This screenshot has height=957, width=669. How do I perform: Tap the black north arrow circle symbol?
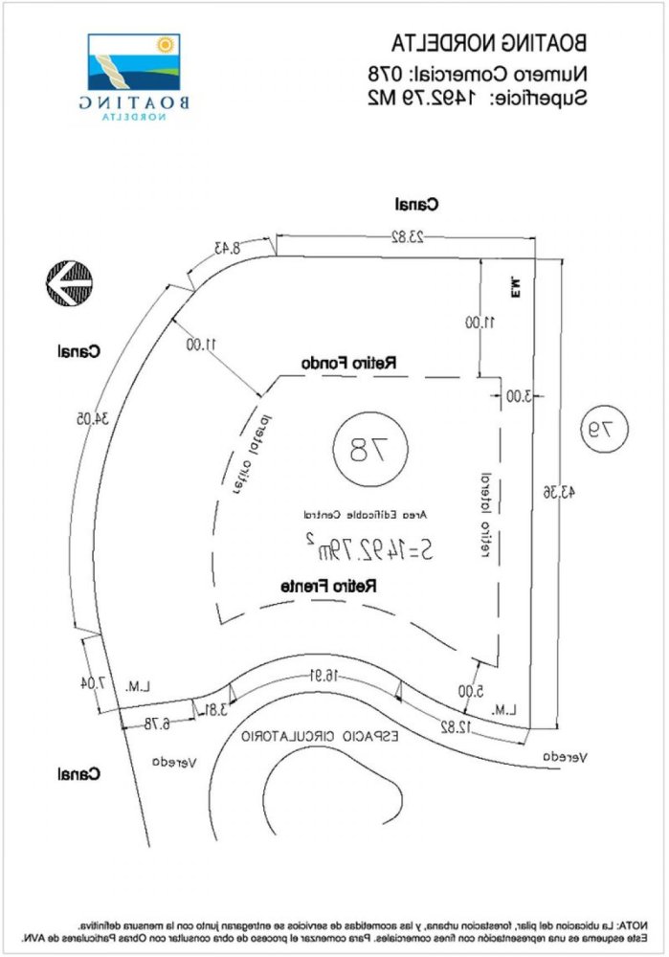coord(71,283)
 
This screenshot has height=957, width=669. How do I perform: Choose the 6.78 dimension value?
coord(152,724)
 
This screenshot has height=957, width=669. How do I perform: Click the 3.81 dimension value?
coord(216,709)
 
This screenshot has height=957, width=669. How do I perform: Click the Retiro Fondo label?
coord(350,364)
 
